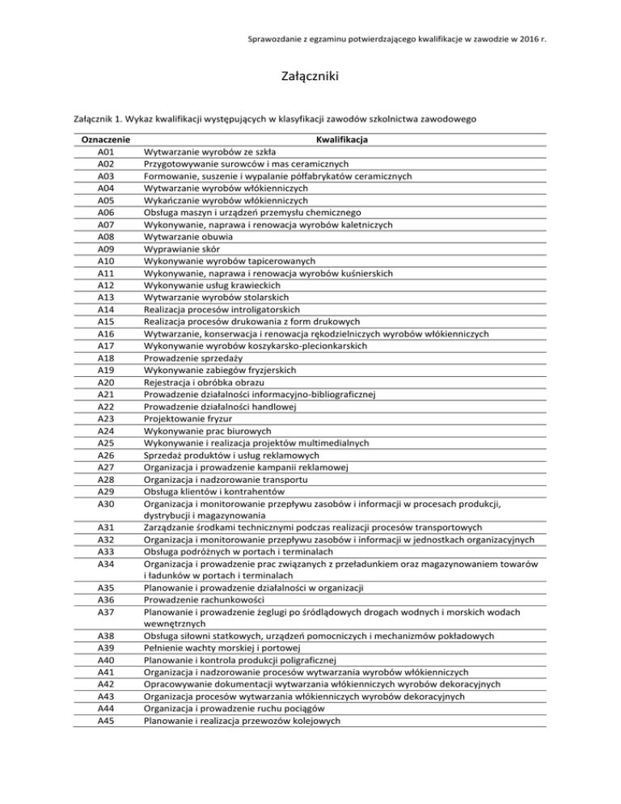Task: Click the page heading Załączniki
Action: (x=310, y=77)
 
